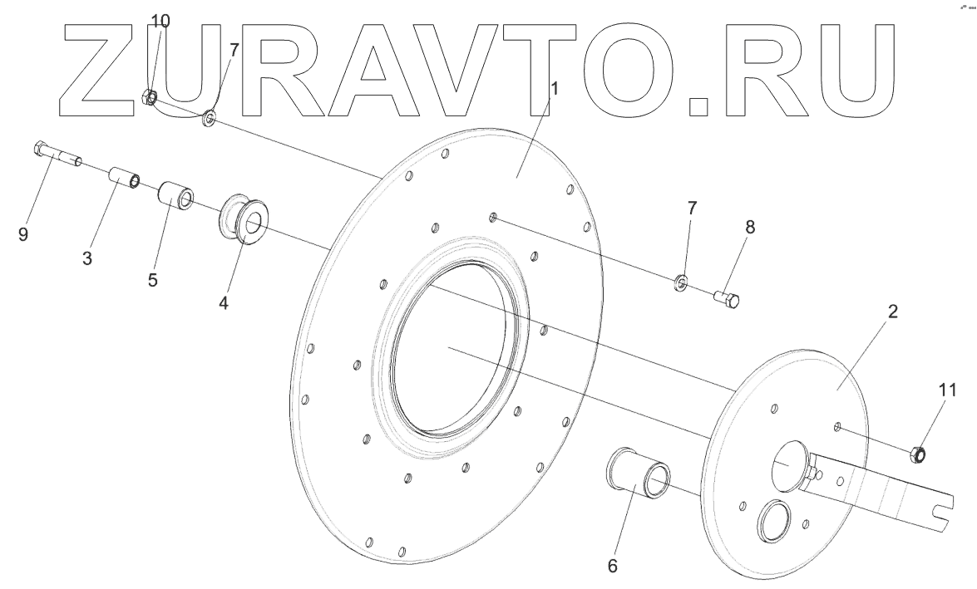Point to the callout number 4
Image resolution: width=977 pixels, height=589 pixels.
click(223, 301)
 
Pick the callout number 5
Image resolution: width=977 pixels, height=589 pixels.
click(153, 278)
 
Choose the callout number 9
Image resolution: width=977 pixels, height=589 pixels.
click(23, 235)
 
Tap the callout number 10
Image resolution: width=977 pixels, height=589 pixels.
click(160, 21)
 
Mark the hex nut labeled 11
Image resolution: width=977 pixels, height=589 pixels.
click(918, 454)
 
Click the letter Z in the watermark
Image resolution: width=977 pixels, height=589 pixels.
click(91, 66)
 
